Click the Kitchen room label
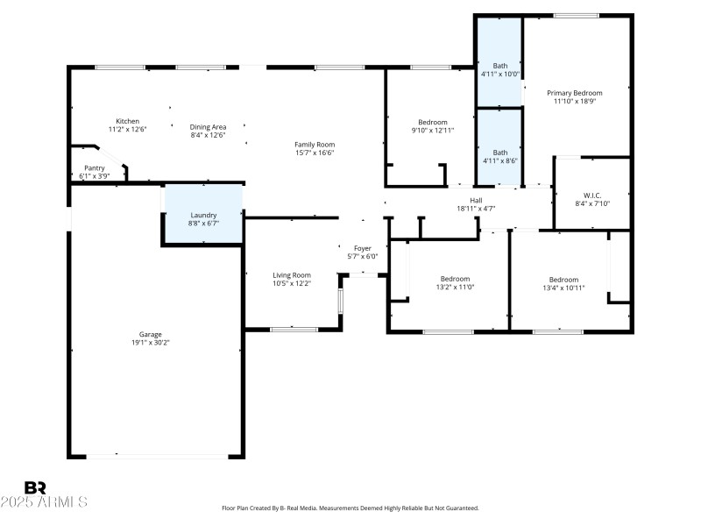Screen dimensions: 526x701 [127, 122]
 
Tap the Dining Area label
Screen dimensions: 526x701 [209, 126]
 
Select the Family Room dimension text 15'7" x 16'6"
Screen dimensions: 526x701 [315, 153]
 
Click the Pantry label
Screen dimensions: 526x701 [95, 167]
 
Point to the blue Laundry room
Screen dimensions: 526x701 [202, 215]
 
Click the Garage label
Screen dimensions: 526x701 [150, 334]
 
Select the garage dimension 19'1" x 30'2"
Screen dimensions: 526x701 [150, 343]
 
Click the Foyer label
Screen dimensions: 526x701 [362, 248]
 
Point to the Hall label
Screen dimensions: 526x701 [476, 200]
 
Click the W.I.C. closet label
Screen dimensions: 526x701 [591, 195]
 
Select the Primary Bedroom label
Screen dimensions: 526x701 [575, 93]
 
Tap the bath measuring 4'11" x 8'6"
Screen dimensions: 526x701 [499, 156]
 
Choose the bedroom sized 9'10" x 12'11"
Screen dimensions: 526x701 [433, 126]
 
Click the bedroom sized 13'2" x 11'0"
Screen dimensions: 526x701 [455, 283]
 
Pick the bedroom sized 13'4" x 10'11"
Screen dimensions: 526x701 [563, 283]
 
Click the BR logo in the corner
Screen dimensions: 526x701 [35, 487]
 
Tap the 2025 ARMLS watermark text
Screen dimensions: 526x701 [44, 502]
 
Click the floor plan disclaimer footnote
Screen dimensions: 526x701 [350, 508]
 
